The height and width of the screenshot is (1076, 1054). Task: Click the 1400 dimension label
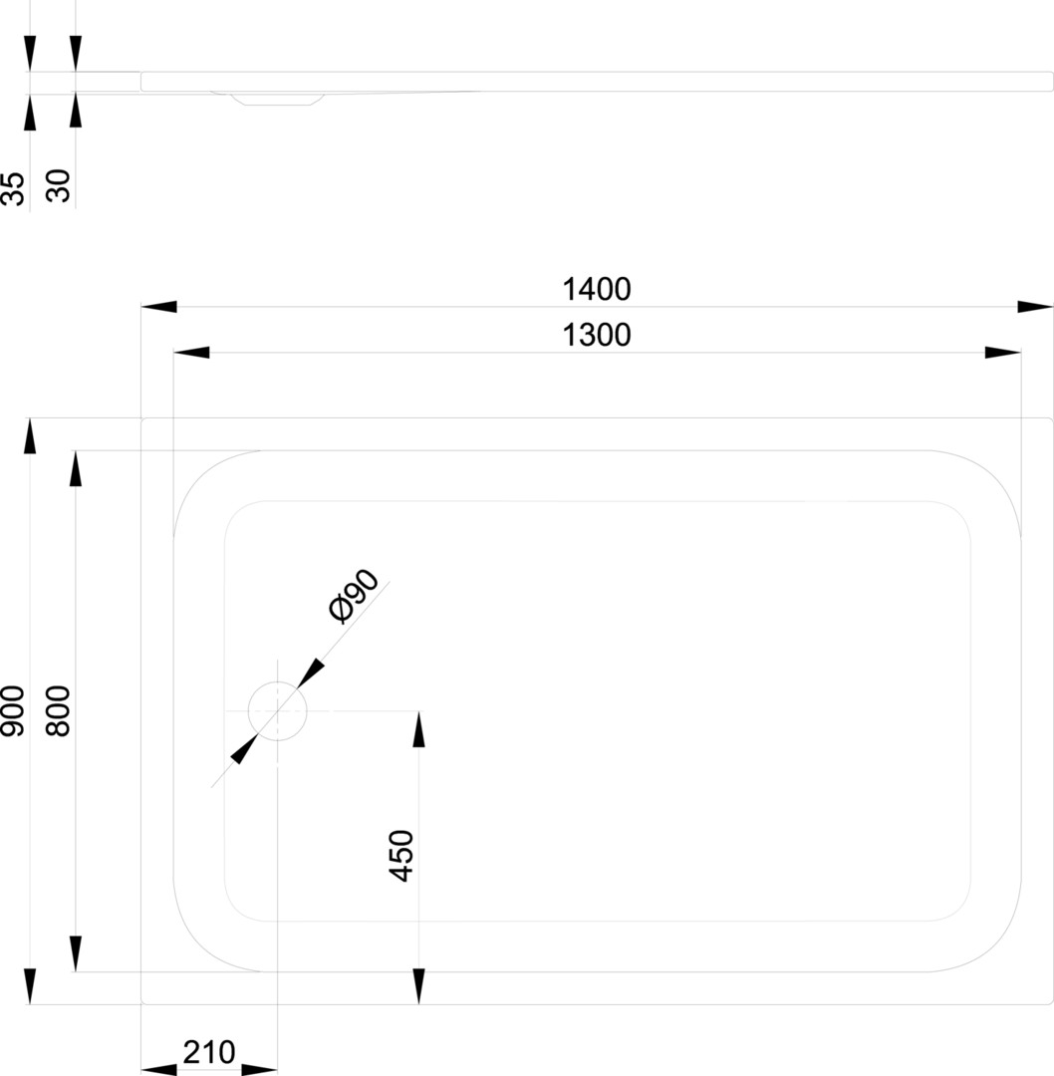[597, 290]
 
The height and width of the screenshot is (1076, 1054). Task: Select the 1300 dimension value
[597, 336]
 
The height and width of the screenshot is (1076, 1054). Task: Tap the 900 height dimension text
[13, 711]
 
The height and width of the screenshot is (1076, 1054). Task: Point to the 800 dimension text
[59, 711]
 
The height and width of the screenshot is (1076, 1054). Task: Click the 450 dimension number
[401, 855]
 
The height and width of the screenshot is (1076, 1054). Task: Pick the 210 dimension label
[209, 1052]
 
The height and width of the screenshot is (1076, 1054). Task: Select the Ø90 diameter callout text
[354, 597]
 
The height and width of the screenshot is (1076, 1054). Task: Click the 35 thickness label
[13, 188]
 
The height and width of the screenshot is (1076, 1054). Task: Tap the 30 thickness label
[59, 186]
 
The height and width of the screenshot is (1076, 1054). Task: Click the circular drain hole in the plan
[277, 711]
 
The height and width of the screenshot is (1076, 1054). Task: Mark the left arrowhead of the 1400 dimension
[158, 306]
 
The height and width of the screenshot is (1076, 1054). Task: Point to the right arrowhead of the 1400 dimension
[1035, 306]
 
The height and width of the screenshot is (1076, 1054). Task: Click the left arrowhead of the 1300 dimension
[191, 352]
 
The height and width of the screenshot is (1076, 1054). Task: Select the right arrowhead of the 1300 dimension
[1002, 352]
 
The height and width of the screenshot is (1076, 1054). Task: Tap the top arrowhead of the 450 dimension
[418, 728]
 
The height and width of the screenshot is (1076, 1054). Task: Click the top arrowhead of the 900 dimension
[30, 435]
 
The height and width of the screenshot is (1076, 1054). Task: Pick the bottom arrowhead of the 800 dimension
[76, 953]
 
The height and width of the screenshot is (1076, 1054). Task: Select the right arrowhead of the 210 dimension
[259, 1069]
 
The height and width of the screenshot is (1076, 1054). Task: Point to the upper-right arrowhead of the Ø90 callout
[311, 673]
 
